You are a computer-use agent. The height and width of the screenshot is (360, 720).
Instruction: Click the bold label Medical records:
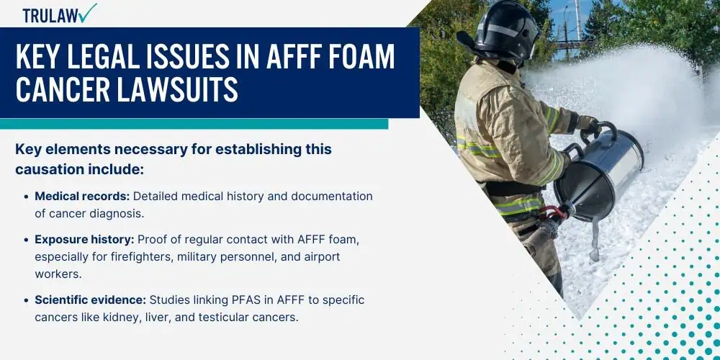coord(83,197)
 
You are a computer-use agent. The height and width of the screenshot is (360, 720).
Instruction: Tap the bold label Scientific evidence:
coord(91,300)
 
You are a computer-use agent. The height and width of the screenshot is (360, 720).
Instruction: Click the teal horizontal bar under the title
coord(194,124)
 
